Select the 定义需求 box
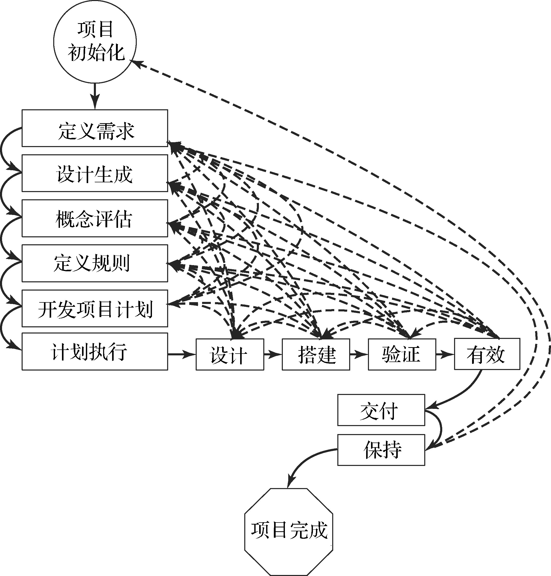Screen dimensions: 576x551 [x=95, y=128]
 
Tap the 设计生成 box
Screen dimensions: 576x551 [x=95, y=173]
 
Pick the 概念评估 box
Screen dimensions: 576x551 [x=95, y=218]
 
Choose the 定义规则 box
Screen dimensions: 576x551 [x=95, y=263]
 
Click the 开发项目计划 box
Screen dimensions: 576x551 [x=95, y=308]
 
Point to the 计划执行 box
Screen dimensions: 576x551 [x=95, y=351]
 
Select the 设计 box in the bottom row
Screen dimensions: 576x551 [x=230, y=354]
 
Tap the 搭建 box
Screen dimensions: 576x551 [x=316, y=354]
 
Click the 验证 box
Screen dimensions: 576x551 [x=402, y=354]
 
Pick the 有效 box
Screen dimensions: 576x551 [x=487, y=354]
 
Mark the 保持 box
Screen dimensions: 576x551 [x=381, y=450]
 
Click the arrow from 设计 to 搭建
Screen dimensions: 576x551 [x=273, y=354]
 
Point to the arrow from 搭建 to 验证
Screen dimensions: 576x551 [x=359, y=354]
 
